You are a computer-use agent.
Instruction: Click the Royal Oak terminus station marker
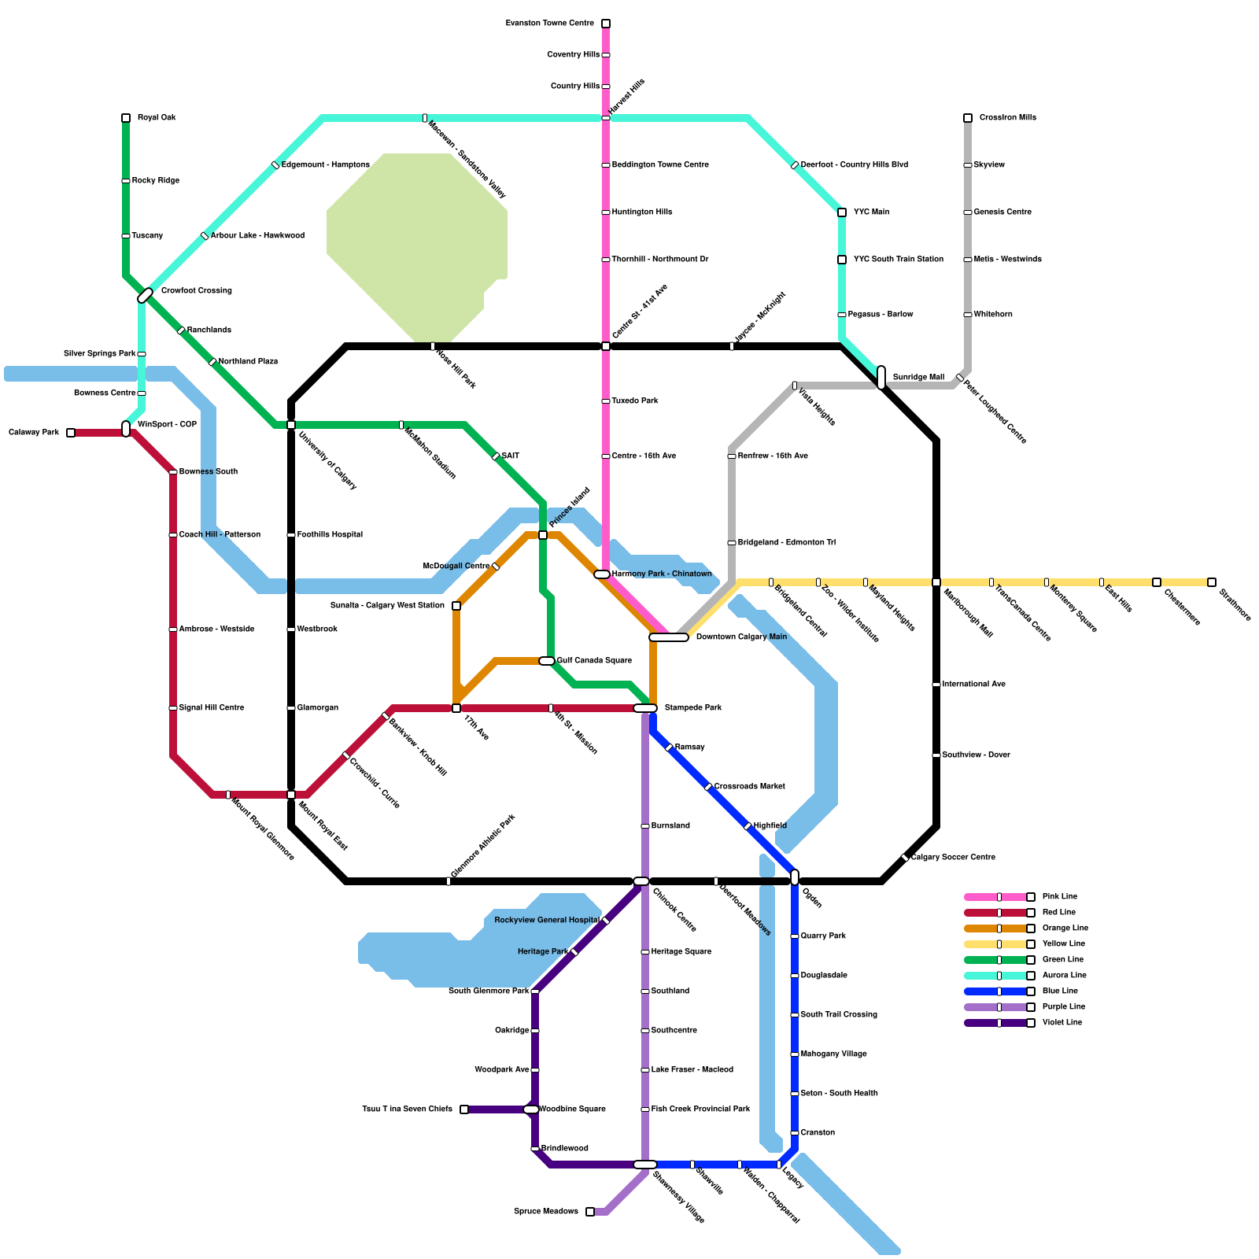click(126, 118)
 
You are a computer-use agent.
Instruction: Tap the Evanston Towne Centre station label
click(550, 24)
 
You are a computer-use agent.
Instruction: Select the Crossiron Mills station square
click(968, 118)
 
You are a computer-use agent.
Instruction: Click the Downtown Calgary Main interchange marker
click(669, 637)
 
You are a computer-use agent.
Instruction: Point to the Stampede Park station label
click(692, 708)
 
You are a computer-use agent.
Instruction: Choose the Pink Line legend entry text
click(1059, 897)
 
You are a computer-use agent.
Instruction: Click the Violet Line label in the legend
click(1061, 1023)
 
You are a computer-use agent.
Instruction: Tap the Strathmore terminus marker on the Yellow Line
click(1212, 582)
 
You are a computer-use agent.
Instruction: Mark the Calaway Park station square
click(71, 433)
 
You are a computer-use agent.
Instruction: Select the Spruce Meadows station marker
click(590, 1212)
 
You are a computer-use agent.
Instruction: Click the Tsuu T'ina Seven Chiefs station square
click(464, 1109)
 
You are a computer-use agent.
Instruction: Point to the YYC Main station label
click(871, 212)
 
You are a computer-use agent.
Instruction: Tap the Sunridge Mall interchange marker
click(881, 378)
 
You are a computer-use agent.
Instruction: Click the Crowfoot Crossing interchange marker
click(146, 296)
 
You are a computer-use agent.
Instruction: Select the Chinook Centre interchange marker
click(641, 881)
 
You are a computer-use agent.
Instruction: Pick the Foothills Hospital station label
click(330, 535)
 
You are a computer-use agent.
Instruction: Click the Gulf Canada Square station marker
click(547, 661)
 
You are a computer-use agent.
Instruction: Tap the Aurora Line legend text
click(1064, 976)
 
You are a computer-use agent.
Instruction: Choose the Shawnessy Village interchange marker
click(645, 1165)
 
